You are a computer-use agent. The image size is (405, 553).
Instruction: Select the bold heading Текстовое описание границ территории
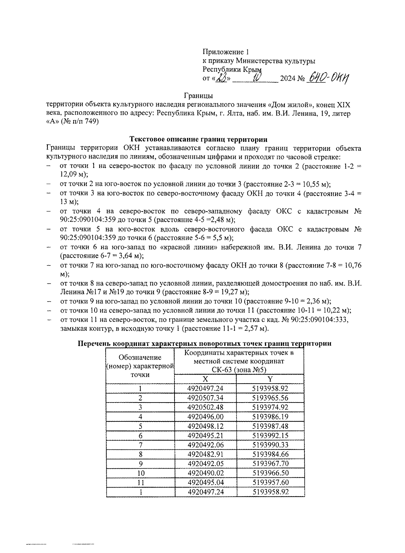coord(199,139)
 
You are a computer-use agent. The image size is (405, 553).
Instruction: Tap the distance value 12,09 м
coord(71,175)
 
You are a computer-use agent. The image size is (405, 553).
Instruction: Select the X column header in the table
coord(205,379)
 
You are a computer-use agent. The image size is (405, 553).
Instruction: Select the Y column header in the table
coord(270,379)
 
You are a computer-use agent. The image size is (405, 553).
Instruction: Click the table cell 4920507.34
coord(205,398)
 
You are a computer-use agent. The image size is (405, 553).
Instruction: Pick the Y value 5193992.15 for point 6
coord(270,435)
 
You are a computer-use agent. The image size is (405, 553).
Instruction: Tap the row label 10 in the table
coord(140,473)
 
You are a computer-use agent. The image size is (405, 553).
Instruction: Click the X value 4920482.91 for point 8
coord(205,454)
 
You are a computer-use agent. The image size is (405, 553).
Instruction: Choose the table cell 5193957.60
coord(270,482)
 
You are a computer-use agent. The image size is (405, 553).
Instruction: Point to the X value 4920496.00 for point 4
coord(205,417)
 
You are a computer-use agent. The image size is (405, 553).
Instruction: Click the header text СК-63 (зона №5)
coord(239,369)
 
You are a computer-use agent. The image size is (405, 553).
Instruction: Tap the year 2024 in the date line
coord(288,79)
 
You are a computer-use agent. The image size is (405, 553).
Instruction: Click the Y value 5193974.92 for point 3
coord(270,407)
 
